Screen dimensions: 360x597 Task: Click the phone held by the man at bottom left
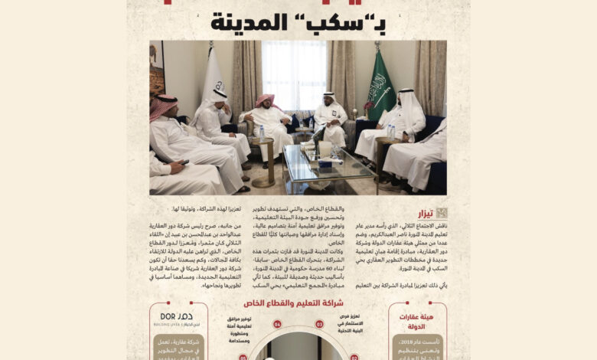click(184, 162)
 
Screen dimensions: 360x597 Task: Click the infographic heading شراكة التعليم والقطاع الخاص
click(298, 304)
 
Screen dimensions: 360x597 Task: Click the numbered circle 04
click(277, 324)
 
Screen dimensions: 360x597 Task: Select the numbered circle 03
click(320, 324)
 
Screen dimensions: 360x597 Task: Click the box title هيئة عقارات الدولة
click(418, 321)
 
